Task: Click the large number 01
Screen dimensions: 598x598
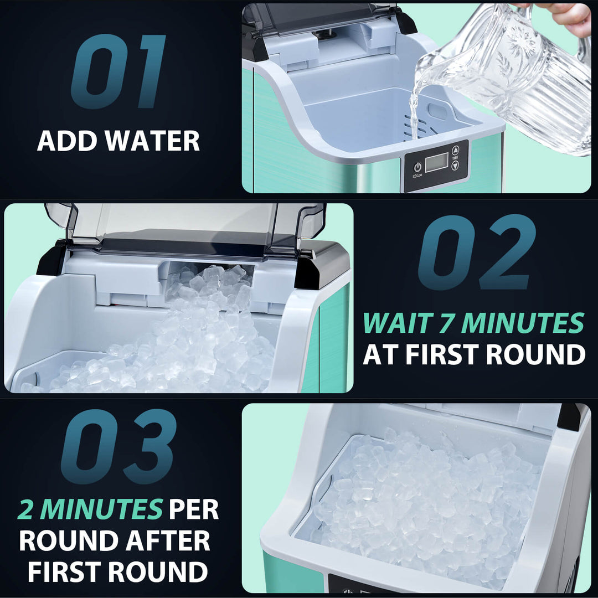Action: click(x=118, y=72)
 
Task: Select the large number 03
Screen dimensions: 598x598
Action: click(x=118, y=447)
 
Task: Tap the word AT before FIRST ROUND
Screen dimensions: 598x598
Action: click(x=381, y=354)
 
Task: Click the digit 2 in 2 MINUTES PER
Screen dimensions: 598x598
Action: click(x=26, y=510)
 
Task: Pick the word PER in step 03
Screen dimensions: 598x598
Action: click(x=194, y=510)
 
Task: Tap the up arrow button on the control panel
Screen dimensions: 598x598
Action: click(x=455, y=149)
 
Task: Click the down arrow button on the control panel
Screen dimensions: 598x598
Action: click(x=455, y=166)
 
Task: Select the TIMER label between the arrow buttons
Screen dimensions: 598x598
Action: click(x=455, y=158)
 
